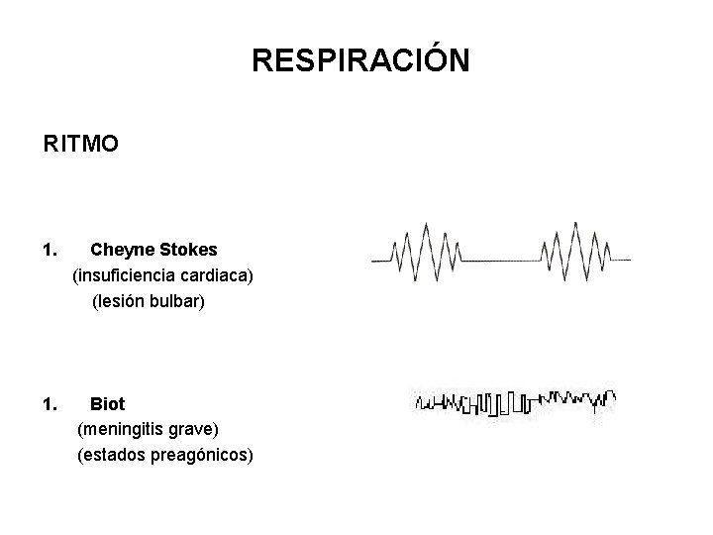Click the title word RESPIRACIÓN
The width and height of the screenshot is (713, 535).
(360, 61)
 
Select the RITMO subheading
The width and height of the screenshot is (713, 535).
(81, 145)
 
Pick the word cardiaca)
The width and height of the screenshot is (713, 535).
(215, 276)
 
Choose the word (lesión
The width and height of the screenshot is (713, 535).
(119, 302)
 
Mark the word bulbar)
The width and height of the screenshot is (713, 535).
(178, 302)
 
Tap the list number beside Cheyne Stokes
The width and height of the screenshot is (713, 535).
(51, 251)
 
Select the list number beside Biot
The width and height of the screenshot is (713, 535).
(51, 403)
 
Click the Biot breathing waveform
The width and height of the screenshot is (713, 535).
(515, 401)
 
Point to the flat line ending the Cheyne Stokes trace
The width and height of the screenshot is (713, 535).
(621, 260)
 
